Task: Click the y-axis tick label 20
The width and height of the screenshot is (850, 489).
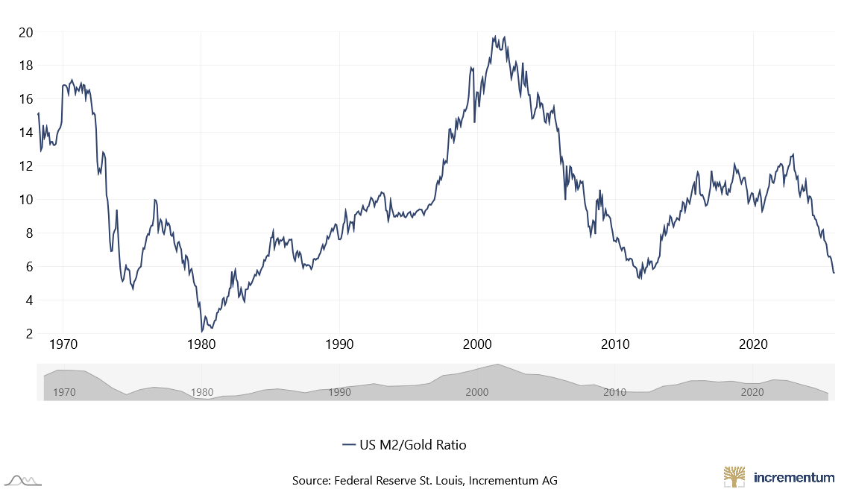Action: pyautogui.click(x=26, y=32)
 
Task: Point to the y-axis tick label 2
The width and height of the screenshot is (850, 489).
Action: pyautogui.click(x=29, y=334)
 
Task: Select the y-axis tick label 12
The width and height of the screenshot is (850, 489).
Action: pyautogui.click(x=26, y=166)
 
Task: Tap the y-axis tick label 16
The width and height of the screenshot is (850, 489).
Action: pyautogui.click(x=26, y=99)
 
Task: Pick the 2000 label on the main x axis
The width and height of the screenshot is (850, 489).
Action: pyautogui.click(x=477, y=346)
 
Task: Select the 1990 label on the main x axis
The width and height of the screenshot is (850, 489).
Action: pyautogui.click(x=339, y=346)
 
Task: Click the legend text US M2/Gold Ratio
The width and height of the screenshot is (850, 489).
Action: pyautogui.click(x=412, y=445)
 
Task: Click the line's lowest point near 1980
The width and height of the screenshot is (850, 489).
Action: pyautogui.click(x=201, y=332)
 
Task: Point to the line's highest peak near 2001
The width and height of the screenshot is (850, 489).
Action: pyautogui.click(x=494, y=36)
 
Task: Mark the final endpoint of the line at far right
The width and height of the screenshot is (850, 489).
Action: pyautogui.click(x=834, y=273)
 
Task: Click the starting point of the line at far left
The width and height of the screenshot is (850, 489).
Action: pyautogui.click(x=37, y=113)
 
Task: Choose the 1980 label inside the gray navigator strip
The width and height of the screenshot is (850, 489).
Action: pyautogui.click(x=201, y=392)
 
